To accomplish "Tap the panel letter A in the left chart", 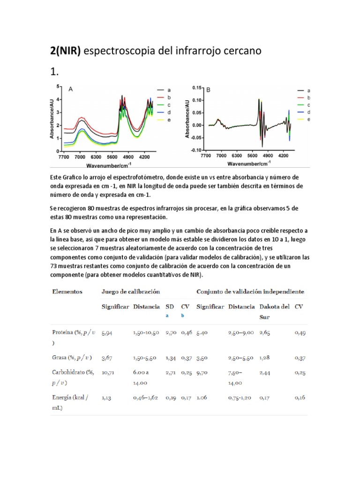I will pos(71,89).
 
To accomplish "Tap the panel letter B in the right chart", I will pos(209,89).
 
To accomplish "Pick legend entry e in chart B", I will pos(309,120).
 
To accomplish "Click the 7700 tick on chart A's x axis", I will pos(64,157).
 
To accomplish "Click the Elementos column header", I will pos(67,292).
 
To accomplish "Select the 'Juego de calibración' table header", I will pos(127,292).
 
